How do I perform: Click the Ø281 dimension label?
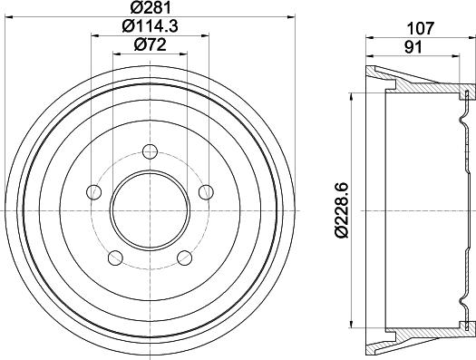pyautogui.click(x=150, y=8)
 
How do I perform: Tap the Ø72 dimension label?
pyautogui.click(x=150, y=45)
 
